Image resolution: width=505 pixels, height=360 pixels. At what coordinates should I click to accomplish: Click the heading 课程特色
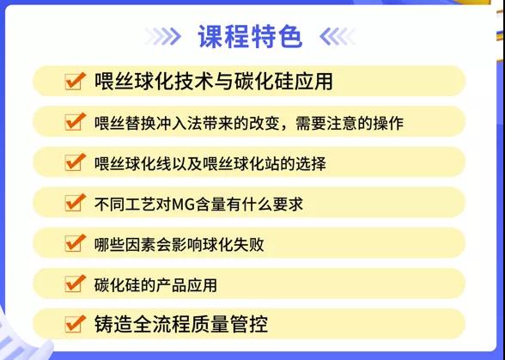coord(250,36)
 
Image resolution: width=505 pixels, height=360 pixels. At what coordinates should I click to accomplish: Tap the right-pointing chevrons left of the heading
coord(163,36)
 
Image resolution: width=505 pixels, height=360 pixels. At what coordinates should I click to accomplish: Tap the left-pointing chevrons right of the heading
coord(338,36)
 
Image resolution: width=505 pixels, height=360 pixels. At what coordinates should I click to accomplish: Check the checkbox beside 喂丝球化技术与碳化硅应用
coord(75,81)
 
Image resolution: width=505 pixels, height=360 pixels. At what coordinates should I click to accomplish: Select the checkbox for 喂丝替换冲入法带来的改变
coord(75,121)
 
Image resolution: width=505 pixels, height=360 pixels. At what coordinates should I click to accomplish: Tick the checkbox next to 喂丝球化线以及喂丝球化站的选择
coord(75,162)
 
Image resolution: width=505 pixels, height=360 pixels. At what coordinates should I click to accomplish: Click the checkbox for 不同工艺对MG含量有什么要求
coord(75,203)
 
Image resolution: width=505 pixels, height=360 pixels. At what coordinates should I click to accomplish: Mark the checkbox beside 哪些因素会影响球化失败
coord(75,243)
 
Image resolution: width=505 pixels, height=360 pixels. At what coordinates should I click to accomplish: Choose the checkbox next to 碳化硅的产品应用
coord(75,284)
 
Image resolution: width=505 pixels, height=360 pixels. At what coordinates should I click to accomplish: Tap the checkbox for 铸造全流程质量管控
coord(75,324)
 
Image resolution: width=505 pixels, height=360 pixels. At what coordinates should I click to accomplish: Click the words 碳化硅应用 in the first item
coord(283,81)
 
